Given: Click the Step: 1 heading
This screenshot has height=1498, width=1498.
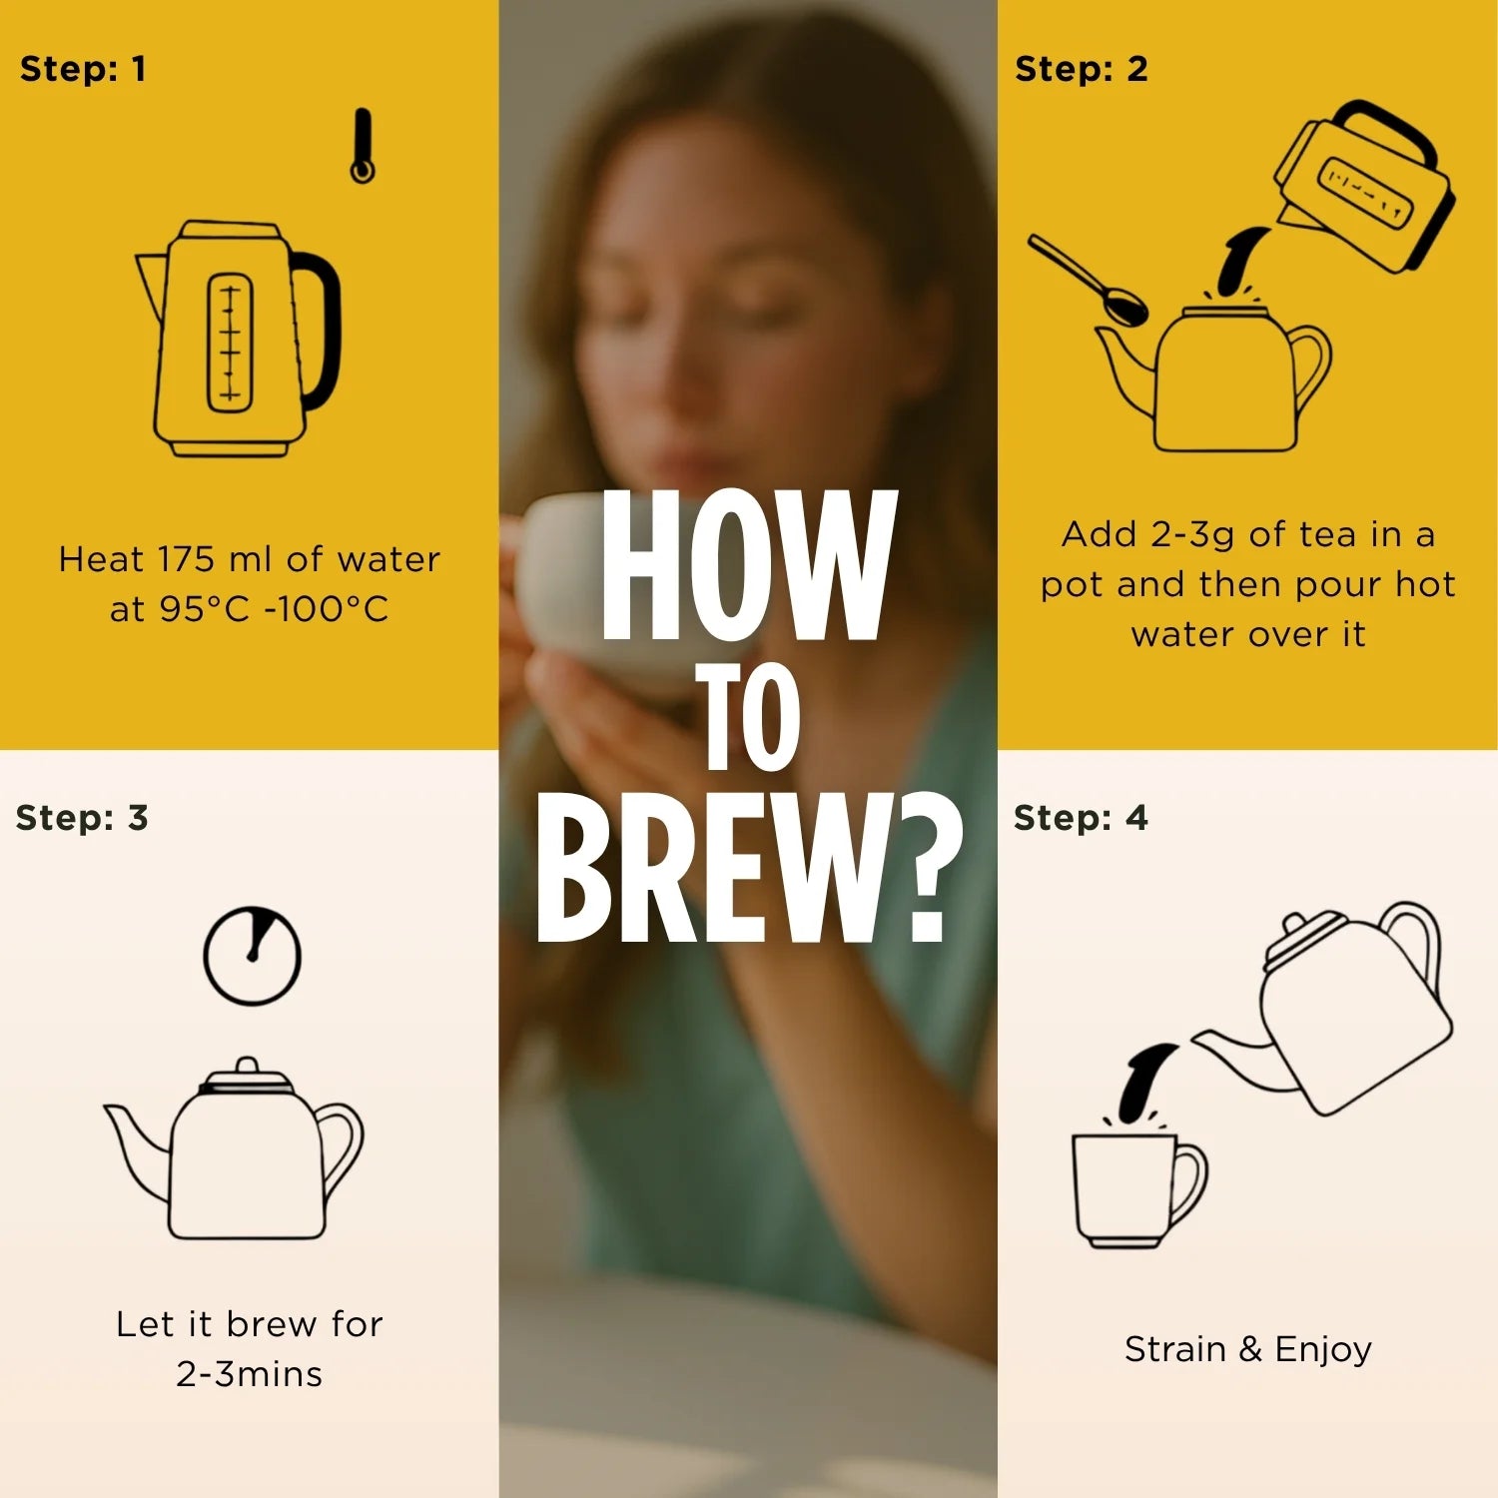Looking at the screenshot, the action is coord(83,69).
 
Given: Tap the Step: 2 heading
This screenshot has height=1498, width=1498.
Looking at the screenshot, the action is coord(1082,69).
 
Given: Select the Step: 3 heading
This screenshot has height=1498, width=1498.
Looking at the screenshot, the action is coord(82,818).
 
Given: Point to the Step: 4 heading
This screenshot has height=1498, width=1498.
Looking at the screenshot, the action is coord(1082,818).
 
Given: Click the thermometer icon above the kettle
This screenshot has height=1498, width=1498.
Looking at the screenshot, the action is coord(362,146).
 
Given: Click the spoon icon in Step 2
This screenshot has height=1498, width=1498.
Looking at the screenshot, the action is coord(1089,281).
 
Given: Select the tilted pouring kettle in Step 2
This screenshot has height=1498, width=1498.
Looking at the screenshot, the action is coord(1363,188).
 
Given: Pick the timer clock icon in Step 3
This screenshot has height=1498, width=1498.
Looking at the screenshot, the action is coord(252,955).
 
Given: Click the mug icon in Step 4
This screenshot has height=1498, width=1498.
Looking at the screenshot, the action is coord(1138,1189).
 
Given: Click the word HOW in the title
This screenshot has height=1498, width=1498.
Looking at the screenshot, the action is coord(747,565).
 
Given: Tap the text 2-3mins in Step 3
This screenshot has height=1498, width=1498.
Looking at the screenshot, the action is coord(250,1374).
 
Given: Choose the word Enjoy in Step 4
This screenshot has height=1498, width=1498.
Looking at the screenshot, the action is coord(1323,1350).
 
